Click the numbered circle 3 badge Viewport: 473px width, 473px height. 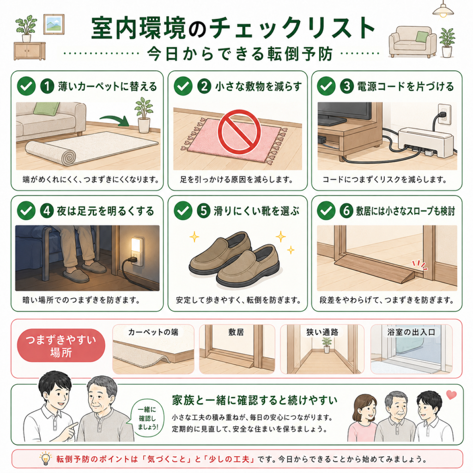[x=347, y=86]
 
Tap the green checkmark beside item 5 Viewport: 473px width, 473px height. [x=183, y=211]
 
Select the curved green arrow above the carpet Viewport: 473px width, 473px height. [x=115, y=120]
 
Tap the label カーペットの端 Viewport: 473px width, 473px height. [x=153, y=332]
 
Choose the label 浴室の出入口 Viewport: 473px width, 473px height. [x=411, y=332]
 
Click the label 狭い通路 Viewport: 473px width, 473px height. [x=322, y=332]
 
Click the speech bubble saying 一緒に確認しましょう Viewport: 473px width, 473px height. [x=147, y=418]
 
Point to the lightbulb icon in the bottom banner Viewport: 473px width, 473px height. [x=45, y=459]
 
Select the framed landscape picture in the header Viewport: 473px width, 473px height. [x=54, y=24]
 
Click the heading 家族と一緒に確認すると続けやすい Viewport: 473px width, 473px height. [x=255, y=400]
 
